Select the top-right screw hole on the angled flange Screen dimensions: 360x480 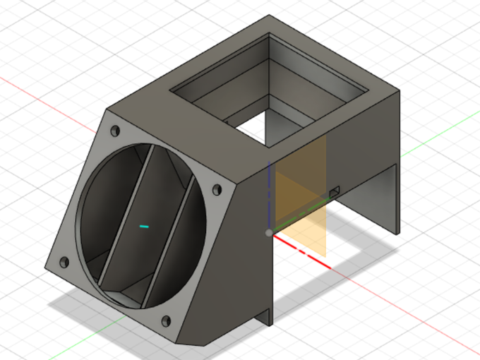pyautogui.click(x=216, y=191)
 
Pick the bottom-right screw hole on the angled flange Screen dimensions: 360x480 pyautogui.click(x=167, y=321)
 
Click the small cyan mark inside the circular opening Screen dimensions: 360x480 pyautogui.click(x=144, y=227)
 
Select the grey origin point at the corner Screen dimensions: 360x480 pyautogui.click(x=268, y=232)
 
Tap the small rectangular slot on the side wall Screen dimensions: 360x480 pyautogui.click(x=335, y=191)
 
